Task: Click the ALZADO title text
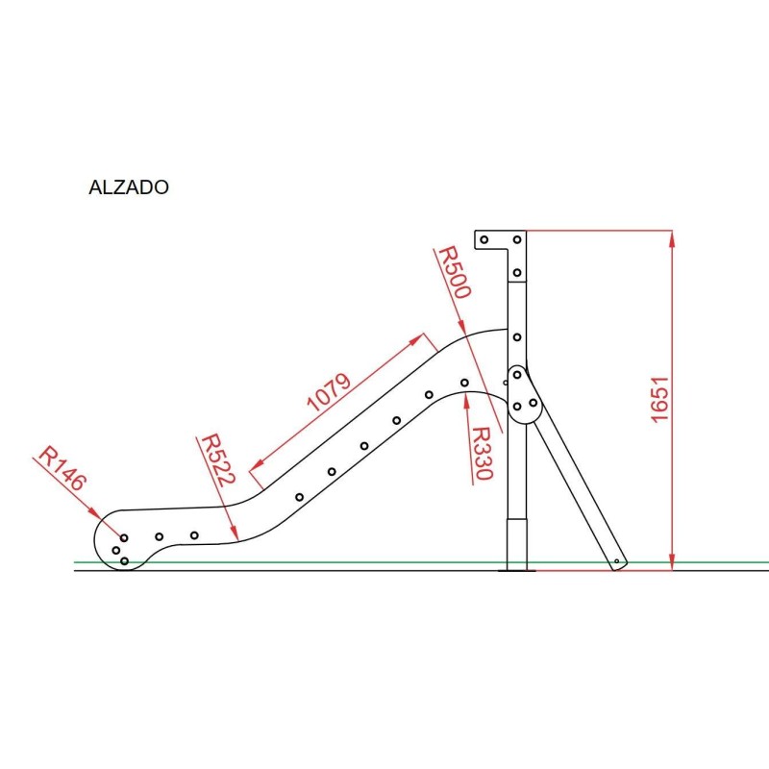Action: [129, 187]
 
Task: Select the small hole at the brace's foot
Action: [617, 560]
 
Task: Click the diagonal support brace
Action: [577, 490]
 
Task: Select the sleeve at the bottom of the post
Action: [517, 544]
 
